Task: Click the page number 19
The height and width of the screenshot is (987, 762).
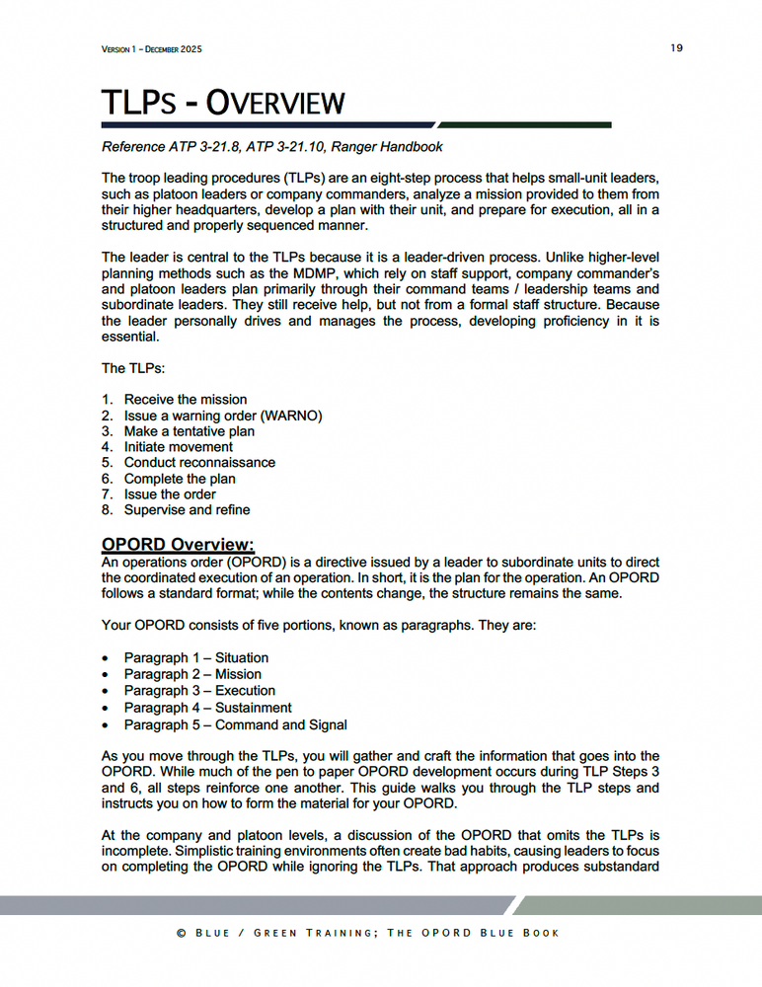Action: pyautogui.click(x=676, y=48)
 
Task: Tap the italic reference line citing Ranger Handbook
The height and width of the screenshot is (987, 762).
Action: pyautogui.click(x=272, y=147)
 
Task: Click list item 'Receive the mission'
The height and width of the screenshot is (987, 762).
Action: pyautogui.click(x=185, y=399)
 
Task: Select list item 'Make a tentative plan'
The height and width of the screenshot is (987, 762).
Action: pyautogui.click(x=189, y=430)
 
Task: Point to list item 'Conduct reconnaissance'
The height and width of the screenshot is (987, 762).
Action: pyautogui.click(x=199, y=462)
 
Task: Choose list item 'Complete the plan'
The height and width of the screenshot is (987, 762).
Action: pyautogui.click(x=179, y=479)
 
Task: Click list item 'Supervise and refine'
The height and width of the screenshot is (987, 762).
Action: pyautogui.click(x=187, y=509)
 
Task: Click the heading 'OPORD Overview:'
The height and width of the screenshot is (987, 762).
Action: pyautogui.click(x=178, y=545)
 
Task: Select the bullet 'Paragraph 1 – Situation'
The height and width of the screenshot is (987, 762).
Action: pyautogui.click(x=195, y=657)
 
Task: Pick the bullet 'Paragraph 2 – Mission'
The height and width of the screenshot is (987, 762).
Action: pyautogui.click(x=192, y=674)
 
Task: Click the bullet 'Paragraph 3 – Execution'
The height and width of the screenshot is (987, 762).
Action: pyautogui.click(x=199, y=690)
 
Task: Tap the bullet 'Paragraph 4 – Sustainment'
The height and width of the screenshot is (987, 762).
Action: pyautogui.click(x=207, y=707)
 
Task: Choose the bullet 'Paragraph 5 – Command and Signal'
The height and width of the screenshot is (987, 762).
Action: pyautogui.click(x=235, y=724)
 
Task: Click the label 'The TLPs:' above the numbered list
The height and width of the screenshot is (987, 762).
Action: pyautogui.click(x=134, y=368)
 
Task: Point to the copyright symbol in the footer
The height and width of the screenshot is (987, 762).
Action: pyautogui.click(x=182, y=933)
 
